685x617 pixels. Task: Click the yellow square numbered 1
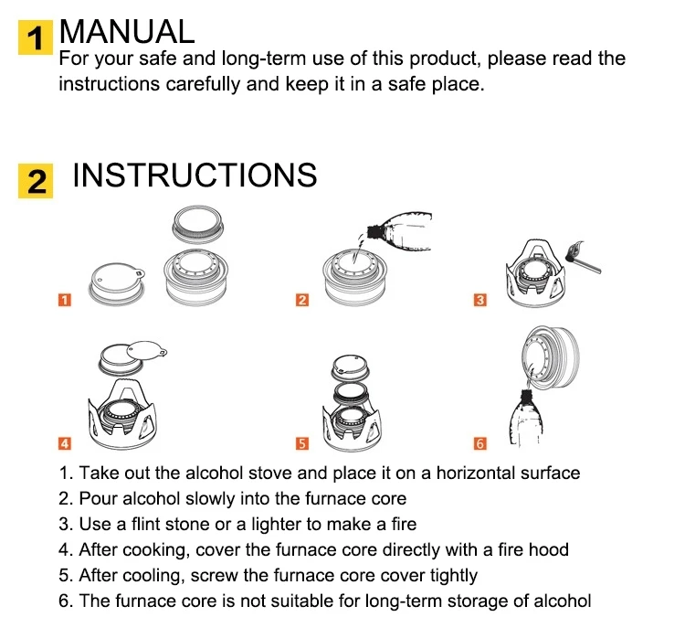pos(36,37)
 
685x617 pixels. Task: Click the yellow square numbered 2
pos(36,181)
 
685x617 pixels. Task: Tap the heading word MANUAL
pos(127,31)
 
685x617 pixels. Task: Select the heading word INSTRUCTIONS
pos(195,175)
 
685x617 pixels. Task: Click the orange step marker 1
pos(65,300)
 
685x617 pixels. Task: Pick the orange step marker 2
pos(302,300)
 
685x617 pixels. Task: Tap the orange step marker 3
pos(480,300)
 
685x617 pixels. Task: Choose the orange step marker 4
pos(65,443)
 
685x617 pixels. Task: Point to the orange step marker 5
pos(302,443)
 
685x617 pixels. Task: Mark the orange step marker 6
pos(480,443)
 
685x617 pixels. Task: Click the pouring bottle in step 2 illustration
pos(400,232)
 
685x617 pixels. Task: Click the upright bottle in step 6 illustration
pos(526,418)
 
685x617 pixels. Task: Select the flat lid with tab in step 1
pos(117,283)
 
